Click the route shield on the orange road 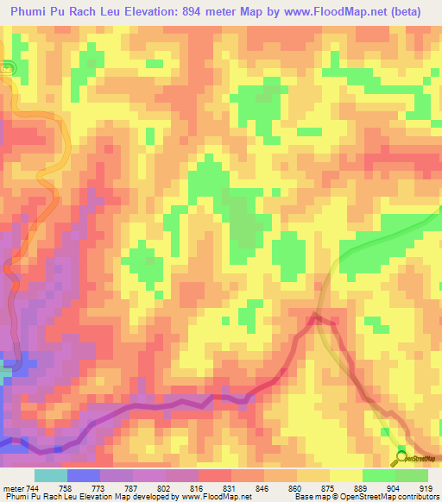(x=7, y=67)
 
